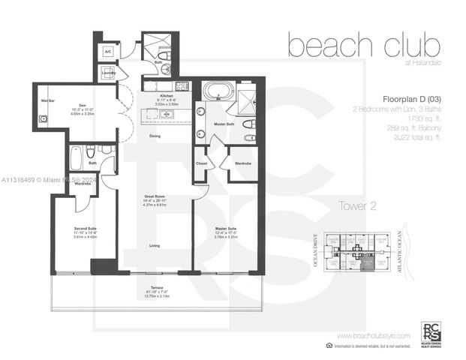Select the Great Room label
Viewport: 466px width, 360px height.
155,196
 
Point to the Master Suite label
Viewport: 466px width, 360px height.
226,229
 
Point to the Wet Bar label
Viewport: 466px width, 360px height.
48,100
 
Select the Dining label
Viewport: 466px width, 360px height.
155,136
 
